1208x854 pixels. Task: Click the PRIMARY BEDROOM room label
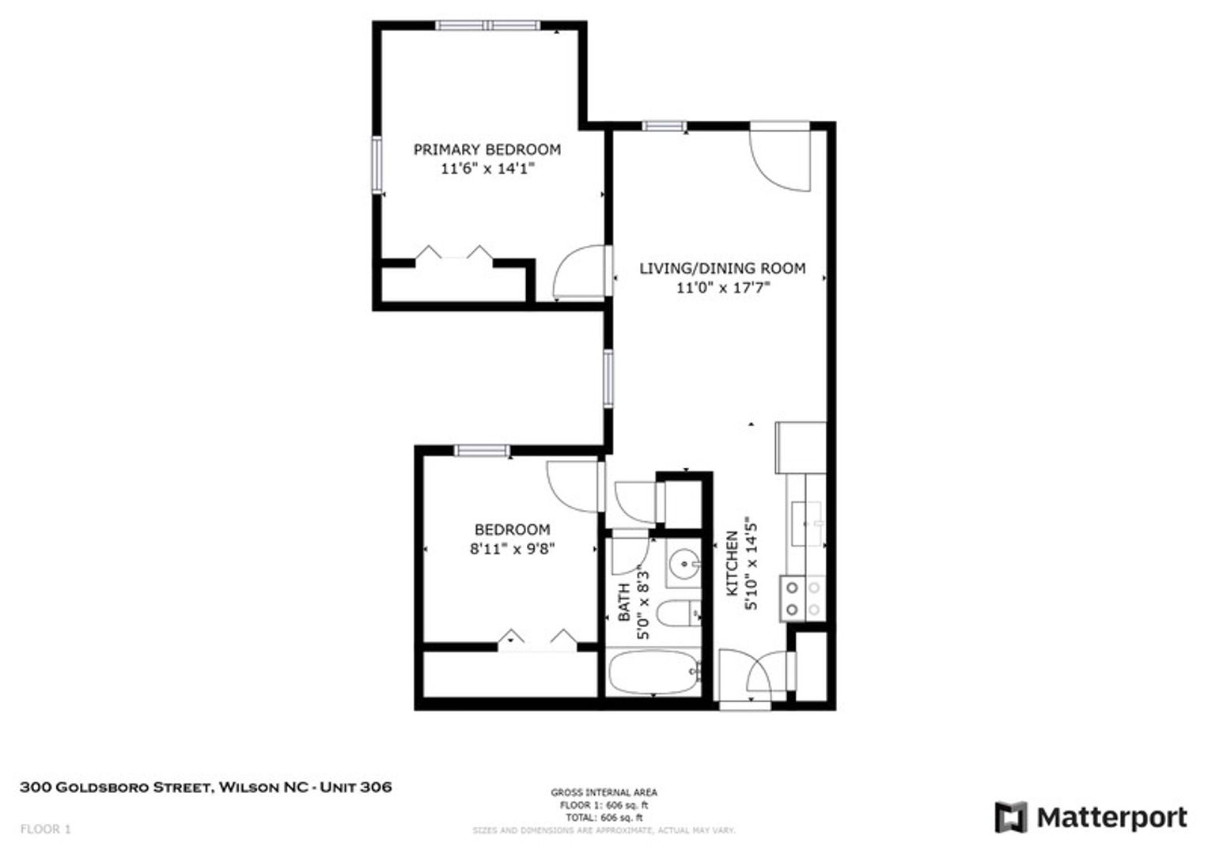coord(487,149)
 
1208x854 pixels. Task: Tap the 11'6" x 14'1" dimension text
coord(487,168)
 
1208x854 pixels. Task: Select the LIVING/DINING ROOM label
coord(722,268)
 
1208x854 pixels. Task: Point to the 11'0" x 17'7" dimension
coord(722,287)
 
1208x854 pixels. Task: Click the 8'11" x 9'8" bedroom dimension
coord(513,549)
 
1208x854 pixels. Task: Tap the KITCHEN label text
coord(732,564)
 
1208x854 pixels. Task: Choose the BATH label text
coord(623,603)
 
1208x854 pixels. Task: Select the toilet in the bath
coord(679,614)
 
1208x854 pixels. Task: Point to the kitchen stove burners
coord(803,599)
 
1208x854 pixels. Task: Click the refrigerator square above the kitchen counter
coord(801,448)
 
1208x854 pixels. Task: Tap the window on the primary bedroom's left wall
coord(377,165)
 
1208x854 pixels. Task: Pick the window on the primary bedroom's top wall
coord(487,25)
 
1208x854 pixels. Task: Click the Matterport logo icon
coord(1011,818)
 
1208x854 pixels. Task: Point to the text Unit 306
coord(356,787)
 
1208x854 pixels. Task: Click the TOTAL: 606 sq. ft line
coord(604,818)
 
